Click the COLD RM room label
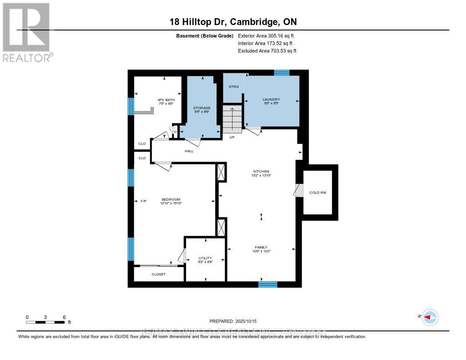coord(318,193)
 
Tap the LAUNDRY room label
coord(271,100)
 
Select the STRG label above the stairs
coord(233,86)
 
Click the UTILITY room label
coord(205,258)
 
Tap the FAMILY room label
coord(261,247)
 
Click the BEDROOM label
coord(171,199)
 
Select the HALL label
coord(189,151)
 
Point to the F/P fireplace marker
coord(144,200)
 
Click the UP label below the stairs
coord(232,137)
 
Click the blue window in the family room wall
coord(268,284)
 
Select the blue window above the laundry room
coord(282,72)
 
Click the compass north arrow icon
coord(430,317)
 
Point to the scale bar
coord(46,322)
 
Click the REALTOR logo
coord(27,32)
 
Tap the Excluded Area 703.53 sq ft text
coord(267,51)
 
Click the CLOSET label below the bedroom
coord(159,274)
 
